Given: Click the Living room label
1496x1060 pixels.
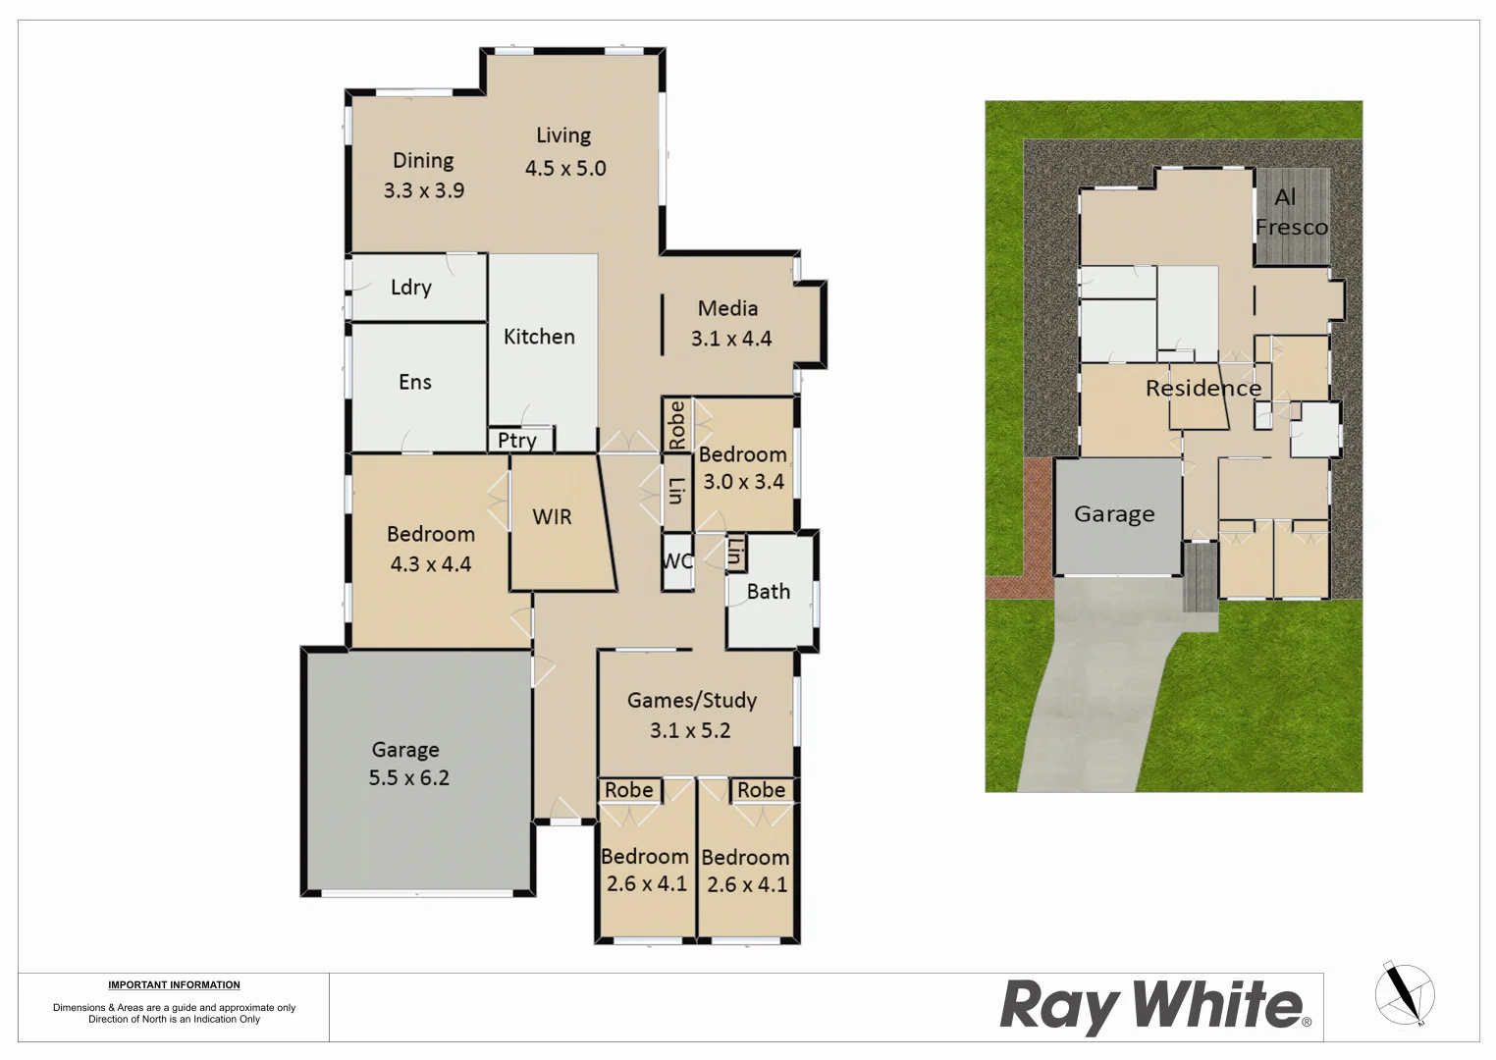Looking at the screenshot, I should [563, 135].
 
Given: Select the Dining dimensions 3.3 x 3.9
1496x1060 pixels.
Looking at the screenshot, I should [424, 190].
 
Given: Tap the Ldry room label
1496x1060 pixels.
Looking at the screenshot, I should [410, 288].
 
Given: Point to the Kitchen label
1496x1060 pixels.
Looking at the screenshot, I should [539, 337].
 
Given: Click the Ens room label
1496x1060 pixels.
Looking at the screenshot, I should [414, 382].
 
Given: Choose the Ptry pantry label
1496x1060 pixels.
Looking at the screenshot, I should [517, 441].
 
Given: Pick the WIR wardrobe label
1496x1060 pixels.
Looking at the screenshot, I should [552, 517].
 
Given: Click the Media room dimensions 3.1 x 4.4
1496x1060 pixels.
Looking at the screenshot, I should [731, 339].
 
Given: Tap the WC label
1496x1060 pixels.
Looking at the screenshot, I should [677, 561].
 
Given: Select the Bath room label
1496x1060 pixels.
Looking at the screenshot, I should [768, 591].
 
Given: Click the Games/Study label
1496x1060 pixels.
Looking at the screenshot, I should [692, 700].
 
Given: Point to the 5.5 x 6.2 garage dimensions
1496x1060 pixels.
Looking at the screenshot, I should [408, 778].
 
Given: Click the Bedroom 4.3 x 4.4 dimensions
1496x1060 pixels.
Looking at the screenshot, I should [431, 564].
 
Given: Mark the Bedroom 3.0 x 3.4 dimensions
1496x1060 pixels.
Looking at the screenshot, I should [743, 482].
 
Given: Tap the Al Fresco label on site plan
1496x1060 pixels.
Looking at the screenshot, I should [1291, 213].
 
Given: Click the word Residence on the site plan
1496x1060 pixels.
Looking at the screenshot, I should [1203, 389].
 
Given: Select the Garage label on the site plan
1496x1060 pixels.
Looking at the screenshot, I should [1114, 514].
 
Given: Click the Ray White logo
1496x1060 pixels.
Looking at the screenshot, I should [1154, 1006].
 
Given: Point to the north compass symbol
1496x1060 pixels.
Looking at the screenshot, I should [1404, 993].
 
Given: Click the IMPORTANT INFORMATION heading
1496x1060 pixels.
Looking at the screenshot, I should [174, 984].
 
